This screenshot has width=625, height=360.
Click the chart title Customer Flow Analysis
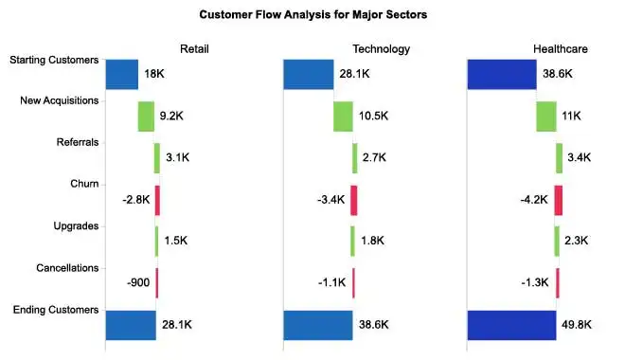point(312,15)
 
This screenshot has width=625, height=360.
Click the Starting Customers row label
point(54,61)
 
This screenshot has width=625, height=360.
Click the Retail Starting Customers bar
point(121,74)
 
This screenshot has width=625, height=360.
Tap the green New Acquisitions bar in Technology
point(343,117)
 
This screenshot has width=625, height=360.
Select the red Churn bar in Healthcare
point(559,200)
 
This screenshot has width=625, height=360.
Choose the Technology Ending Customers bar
point(318,325)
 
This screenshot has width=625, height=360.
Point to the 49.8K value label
point(578,325)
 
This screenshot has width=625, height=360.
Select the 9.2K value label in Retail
point(172,117)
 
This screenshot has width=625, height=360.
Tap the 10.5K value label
point(374,117)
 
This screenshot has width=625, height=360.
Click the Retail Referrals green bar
point(157,158)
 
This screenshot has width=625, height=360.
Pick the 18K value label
point(155,74)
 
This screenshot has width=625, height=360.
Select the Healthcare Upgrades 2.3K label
point(578,242)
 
